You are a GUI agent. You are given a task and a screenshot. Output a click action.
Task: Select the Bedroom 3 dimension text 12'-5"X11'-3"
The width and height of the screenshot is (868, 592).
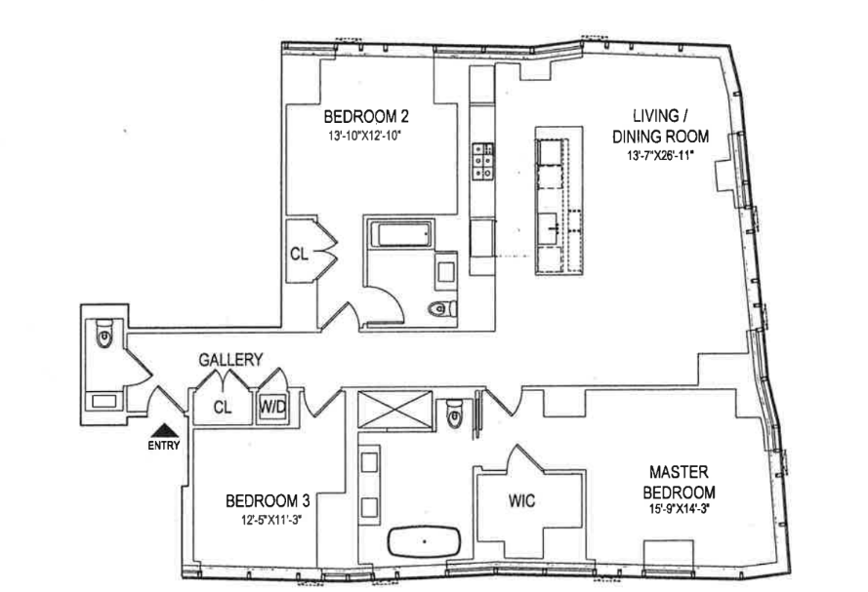(x=267, y=521)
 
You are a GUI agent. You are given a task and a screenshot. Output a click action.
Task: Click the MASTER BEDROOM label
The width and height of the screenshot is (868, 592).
(x=673, y=483)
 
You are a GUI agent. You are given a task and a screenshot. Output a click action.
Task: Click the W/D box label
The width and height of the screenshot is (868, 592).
(x=271, y=407)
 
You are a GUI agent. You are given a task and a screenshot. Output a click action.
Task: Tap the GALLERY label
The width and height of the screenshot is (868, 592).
(x=230, y=360)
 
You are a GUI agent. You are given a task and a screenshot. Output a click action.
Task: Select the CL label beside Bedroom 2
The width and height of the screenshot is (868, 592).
(x=300, y=255)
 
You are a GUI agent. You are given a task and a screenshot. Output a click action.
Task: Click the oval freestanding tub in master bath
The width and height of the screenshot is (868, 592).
(x=426, y=540)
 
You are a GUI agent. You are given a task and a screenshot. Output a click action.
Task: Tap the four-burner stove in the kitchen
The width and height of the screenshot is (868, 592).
(x=483, y=160)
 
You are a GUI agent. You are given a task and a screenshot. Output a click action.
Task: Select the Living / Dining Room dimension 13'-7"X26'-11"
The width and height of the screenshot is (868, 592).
(x=653, y=156)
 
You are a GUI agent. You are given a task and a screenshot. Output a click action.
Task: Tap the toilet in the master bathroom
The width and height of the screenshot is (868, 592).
(x=454, y=414)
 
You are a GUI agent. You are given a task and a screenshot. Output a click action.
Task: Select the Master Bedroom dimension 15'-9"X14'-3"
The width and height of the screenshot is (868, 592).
(x=673, y=509)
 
